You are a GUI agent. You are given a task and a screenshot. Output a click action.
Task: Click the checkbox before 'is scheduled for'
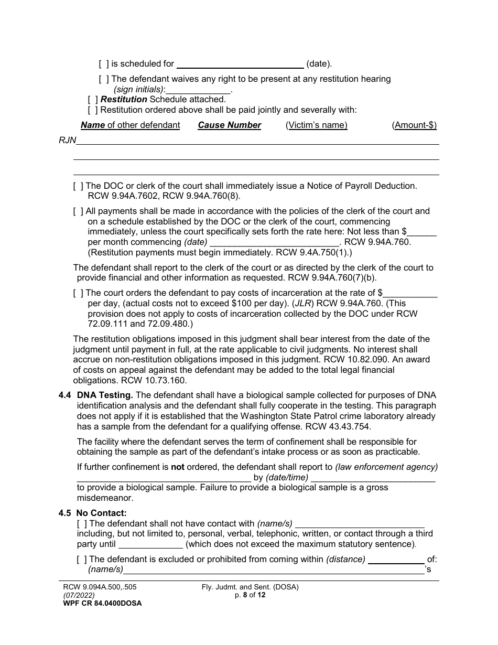pos(104,64)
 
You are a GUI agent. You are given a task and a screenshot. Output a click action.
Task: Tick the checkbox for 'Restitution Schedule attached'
pos(93,99)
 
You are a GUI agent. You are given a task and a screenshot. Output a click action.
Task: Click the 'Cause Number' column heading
pos(229,125)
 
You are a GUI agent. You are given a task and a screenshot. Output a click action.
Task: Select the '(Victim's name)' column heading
pos(316,125)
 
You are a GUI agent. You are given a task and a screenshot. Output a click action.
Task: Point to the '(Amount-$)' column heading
pos(414,125)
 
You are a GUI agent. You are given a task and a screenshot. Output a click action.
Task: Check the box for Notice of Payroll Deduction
pos(78,186)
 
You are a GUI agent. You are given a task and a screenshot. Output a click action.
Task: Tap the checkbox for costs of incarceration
pos(78,293)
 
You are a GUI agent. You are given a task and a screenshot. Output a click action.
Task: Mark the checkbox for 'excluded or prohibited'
pos(82,559)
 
